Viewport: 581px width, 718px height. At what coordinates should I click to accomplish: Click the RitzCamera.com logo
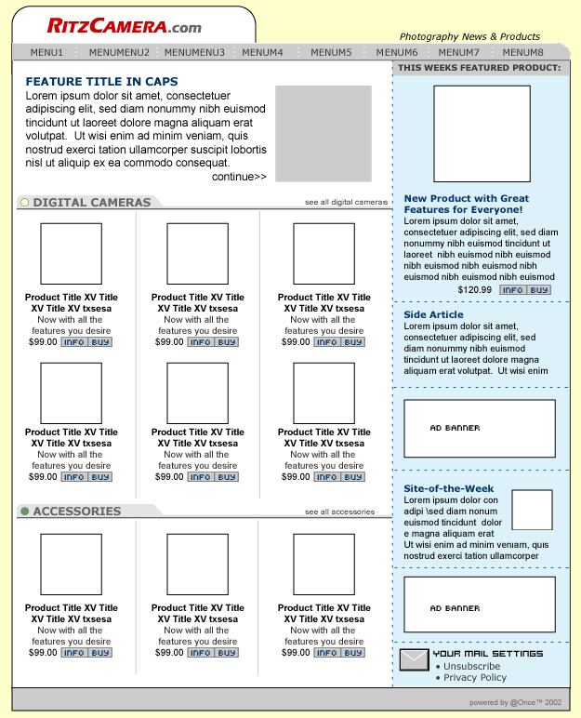point(124,26)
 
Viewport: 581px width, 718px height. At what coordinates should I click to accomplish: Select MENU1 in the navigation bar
point(46,53)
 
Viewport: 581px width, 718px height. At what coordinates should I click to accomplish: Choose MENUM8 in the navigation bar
point(523,53)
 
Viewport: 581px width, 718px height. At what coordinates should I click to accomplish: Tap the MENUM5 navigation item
point(331,53)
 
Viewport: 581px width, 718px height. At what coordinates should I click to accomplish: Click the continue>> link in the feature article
point(239,177)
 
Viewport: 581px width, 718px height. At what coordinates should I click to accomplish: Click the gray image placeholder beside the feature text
point(323,134)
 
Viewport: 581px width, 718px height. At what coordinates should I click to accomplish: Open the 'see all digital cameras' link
point(346,202)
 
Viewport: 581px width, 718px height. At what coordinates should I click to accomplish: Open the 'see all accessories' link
point(339,512)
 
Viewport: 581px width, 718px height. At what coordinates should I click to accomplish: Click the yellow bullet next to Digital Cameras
point(24,202)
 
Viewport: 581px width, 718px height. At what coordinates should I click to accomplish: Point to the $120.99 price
point(475,290)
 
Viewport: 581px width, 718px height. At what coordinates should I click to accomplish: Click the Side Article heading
point(433,314)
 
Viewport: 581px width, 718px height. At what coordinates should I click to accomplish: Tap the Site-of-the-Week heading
point(449,488)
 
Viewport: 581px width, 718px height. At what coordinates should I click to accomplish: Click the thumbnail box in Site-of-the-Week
point(532,510)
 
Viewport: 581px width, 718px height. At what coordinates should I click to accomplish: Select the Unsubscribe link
point(471,666)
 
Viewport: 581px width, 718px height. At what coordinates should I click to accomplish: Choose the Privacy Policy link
point(475,678)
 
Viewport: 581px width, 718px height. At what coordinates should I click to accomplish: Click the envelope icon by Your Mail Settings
point(414,660)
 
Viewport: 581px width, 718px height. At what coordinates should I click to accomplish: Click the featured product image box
point(482,134)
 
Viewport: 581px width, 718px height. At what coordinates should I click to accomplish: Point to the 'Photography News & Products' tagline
point(469,36)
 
